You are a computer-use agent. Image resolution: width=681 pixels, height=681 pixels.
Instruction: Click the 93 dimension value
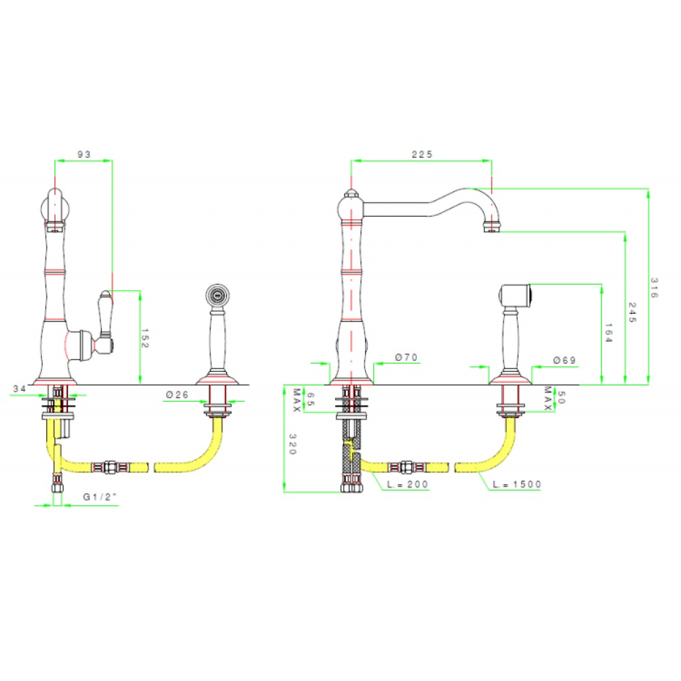(84, 155)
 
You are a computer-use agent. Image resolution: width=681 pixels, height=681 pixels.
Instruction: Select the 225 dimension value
(422, 155)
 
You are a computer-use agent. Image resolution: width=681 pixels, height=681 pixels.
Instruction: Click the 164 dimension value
(608, 332)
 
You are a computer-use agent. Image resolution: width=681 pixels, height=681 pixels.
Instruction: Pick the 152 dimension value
(145, 338)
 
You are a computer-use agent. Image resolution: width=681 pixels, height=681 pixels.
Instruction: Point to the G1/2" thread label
(100, 497)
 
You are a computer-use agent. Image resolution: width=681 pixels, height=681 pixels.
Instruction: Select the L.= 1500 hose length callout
(518, 485)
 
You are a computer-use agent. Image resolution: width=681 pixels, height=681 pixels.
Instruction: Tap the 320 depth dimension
(294, 445)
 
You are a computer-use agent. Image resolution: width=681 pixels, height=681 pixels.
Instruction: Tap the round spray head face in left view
(218, 296)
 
